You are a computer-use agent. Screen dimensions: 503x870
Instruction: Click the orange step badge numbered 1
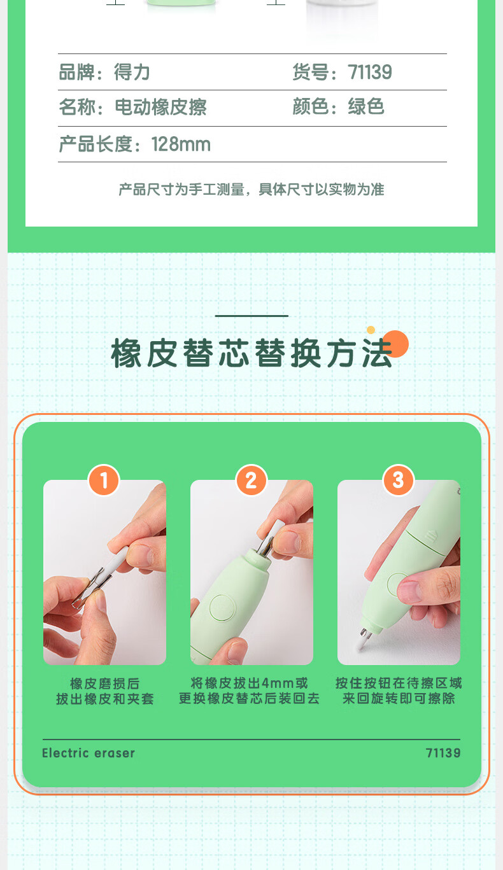click(x=104, y=480)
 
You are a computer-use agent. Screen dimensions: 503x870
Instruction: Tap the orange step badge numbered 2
click(x=251, y=480)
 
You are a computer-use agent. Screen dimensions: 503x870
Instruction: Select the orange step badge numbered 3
click(x=398, y=480)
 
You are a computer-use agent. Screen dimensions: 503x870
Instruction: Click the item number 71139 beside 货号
click(x=370, y=73)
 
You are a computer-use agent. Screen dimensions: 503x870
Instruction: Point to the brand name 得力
click(x=132, y=73)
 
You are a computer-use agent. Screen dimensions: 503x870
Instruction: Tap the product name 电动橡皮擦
click(x=161, y=107)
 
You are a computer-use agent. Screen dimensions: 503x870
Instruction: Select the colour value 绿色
click(x=366, y=107)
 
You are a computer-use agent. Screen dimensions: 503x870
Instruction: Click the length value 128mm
click(x=181, y=144)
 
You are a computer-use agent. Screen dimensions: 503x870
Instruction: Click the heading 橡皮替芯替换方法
click(x=251, y=353)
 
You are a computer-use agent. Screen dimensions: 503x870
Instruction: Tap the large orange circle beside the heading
click(x=395, y=344)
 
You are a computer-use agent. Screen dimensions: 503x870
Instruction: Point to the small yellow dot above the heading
click(x=371, y=330)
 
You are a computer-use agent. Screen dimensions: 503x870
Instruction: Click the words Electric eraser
click(x=89, y=753)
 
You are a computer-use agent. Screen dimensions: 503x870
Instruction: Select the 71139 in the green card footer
click(x=443, y=753)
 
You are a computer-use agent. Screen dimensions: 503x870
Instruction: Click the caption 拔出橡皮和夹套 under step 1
click(x=105, y=699)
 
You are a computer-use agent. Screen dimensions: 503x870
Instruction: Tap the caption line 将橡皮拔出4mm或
click(x=250, y=683)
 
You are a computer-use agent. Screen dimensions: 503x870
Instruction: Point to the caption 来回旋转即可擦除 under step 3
click(x=399, y=698)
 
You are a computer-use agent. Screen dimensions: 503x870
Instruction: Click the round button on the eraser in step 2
click(x=222, y=607)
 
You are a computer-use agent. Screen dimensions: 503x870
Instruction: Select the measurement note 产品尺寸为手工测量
click(x=181, y=190)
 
